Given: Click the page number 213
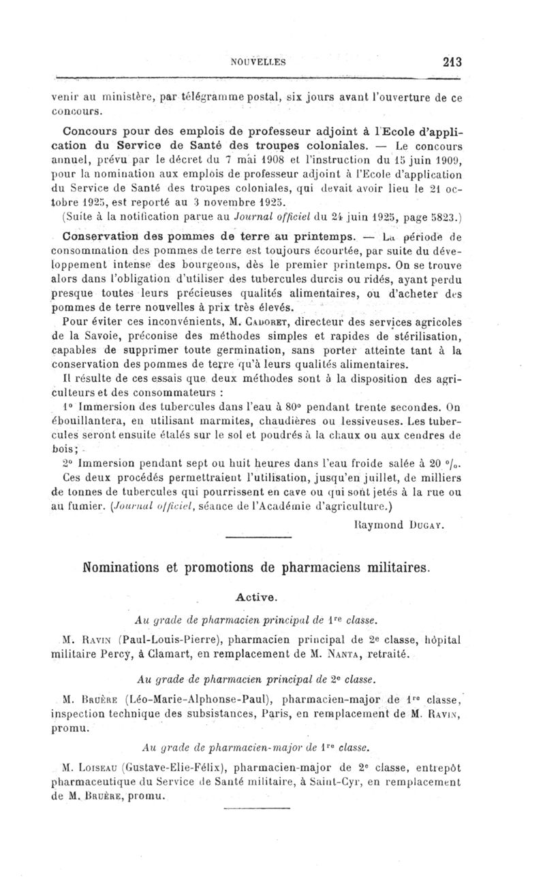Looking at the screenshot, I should click(x=452, y=62).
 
